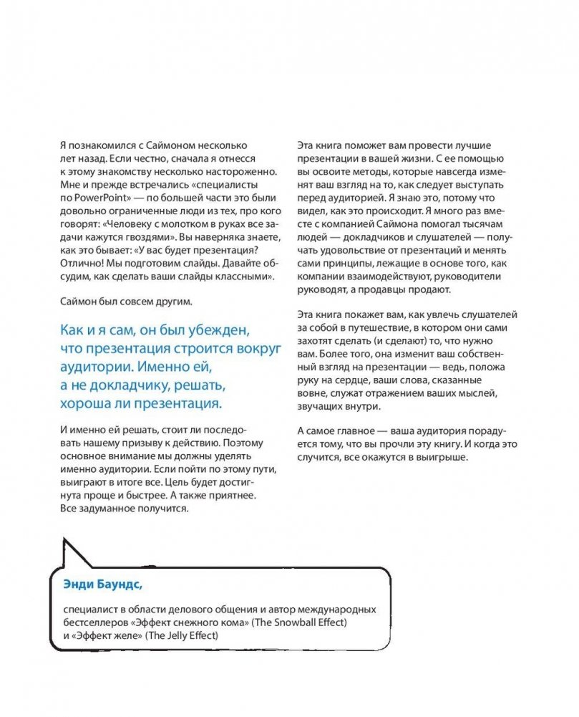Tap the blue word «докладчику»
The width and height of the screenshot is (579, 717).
[127, 385]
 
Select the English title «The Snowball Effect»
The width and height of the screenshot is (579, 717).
[301, 622]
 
